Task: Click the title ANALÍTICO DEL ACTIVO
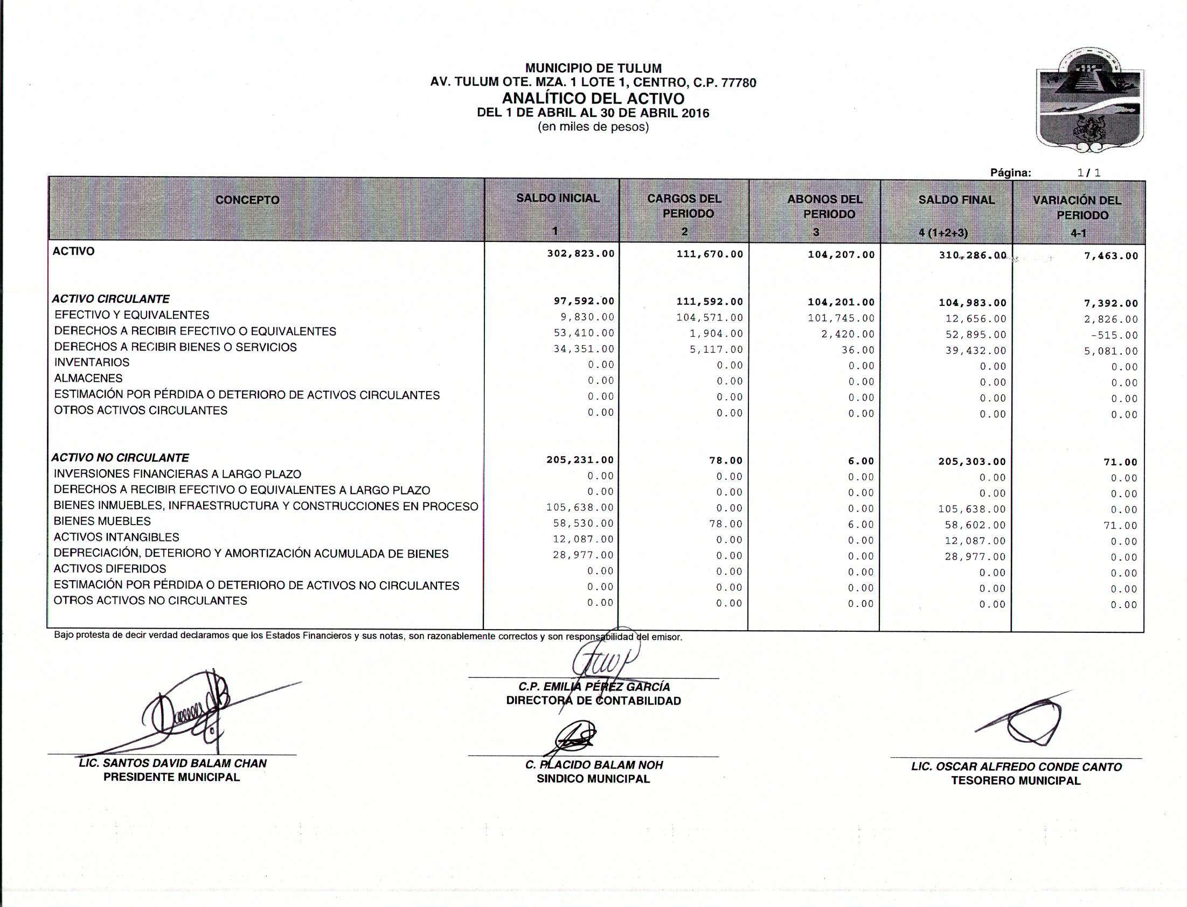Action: (x=593, y=99)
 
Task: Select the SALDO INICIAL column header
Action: (x=557, y=199)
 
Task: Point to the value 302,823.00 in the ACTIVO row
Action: (x=580, y=254)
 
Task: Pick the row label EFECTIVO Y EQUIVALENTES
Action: (x=132, y=315)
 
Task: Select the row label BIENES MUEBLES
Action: (x=102, y=521)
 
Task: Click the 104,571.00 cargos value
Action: (x=709, y=317)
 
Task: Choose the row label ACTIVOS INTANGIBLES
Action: (x=116, y=538)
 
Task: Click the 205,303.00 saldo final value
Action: (x=972, y=462)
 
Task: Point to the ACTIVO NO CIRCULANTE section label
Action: (x=121, y=458)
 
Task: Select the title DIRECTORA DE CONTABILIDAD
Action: (x=593, y=701)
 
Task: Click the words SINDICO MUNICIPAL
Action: (x=593, y=779)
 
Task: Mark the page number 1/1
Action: (x=1089, y=173)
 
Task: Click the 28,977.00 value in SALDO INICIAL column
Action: (x=582, y=555)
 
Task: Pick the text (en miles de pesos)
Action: (x=593, y=128)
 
